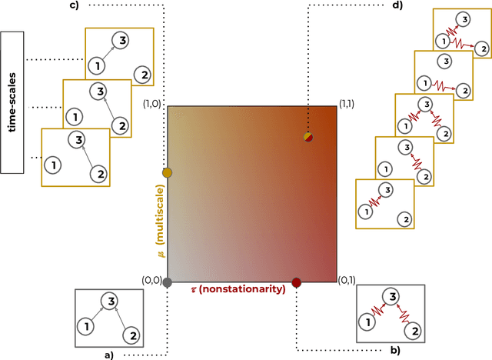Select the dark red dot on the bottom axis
(x=297, y=282)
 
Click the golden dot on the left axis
(x=168, y=172)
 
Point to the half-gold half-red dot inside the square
(x=307, y=137)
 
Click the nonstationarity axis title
(x=238, y=288)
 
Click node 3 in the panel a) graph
(x=112, y=301)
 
